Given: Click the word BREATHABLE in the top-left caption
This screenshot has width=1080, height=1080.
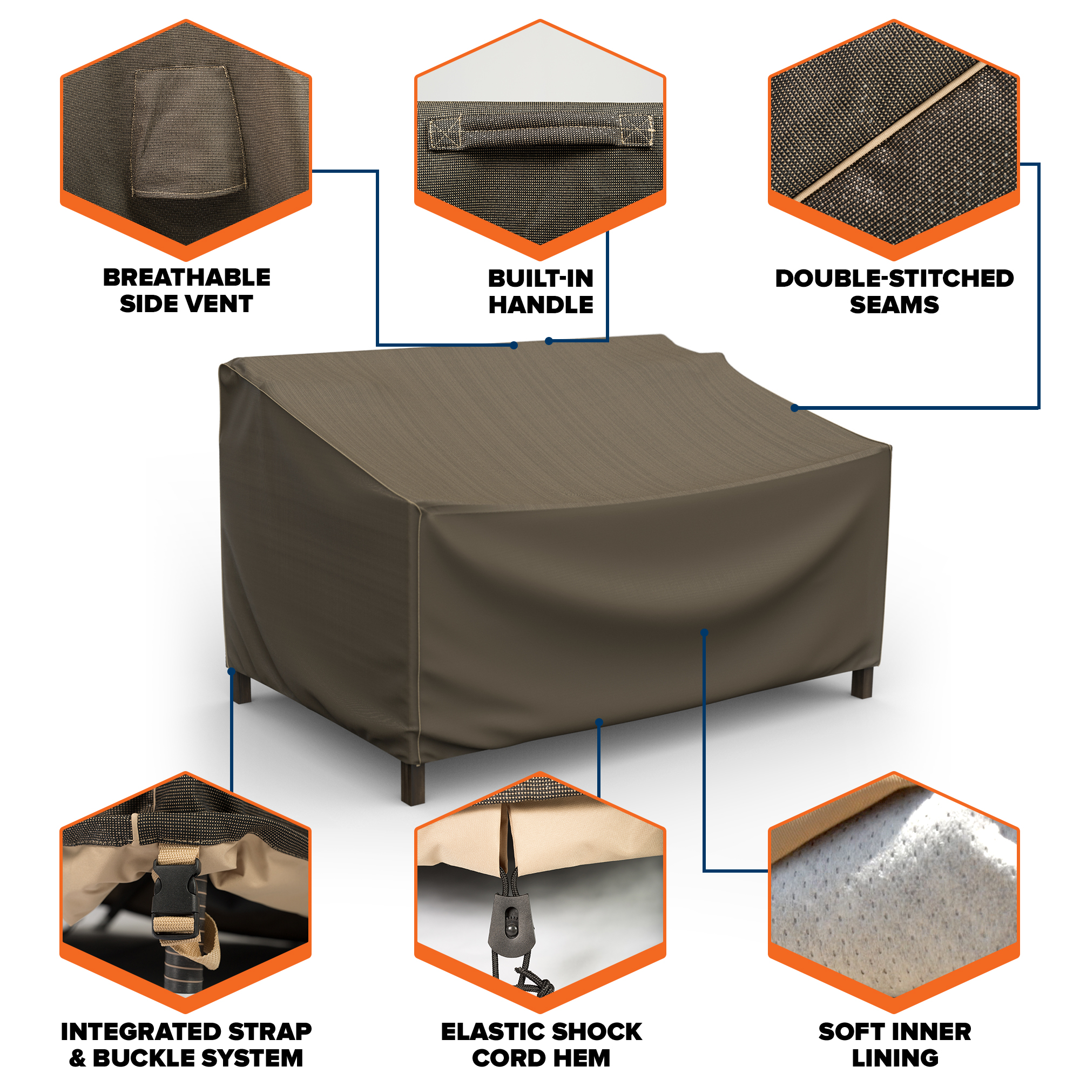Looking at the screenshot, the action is click(x=187, y=278).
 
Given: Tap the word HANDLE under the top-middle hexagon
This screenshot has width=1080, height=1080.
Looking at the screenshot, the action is click(x=541, y=305).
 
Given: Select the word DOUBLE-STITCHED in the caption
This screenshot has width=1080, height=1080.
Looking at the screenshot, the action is click(x=894, y=279).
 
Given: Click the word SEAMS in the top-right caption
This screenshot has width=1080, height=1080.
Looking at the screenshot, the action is click(x=894, y=305).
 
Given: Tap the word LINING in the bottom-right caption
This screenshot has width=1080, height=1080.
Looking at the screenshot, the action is click(x=895, y=1058).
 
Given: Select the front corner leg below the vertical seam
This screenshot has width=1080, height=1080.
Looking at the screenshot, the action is click(x=413, y=782).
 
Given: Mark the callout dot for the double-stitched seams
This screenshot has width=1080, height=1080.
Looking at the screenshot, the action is click(x=794, y=408).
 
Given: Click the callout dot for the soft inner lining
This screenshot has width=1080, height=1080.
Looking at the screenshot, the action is click(x=704, y=633).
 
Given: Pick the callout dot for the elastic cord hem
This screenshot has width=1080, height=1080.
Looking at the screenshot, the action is click(x=599, y=722).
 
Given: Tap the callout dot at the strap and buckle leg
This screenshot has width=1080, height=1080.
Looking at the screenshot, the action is click(x=232, y=671).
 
